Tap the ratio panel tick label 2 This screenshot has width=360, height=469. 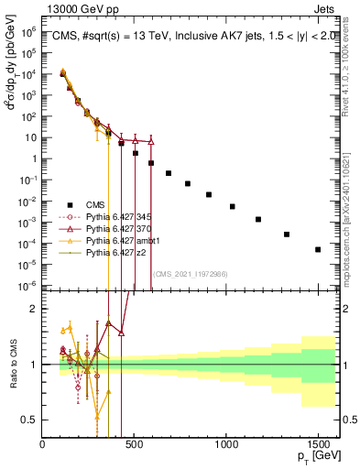tap(32, 309)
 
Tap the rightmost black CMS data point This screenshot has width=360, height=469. tap(318, 249)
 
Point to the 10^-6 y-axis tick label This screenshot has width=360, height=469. tap(29, 286)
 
